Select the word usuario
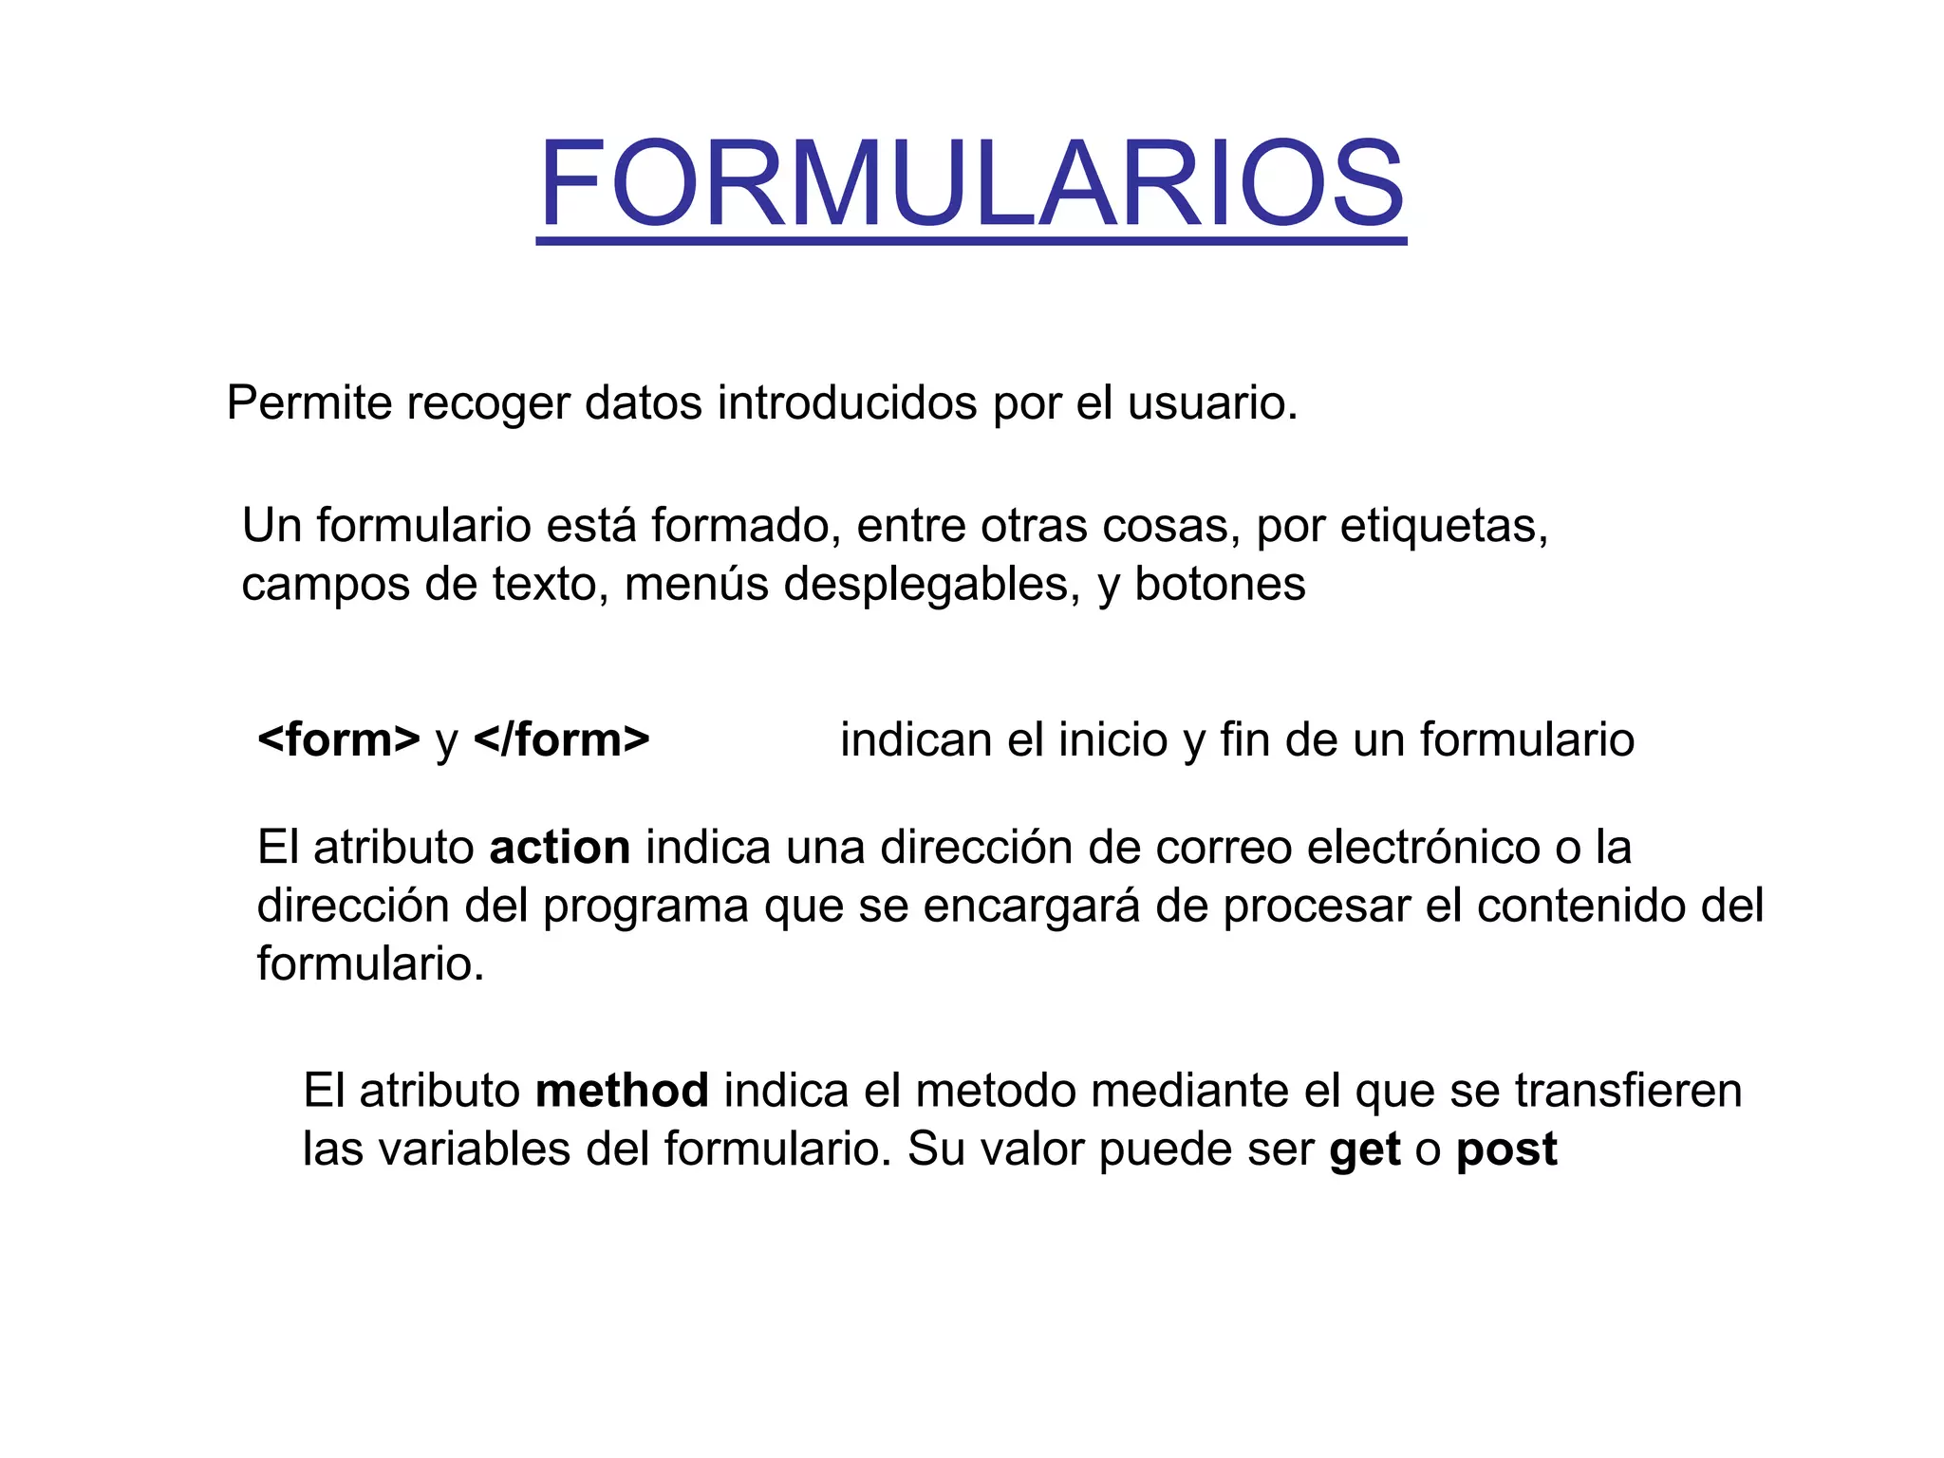[1212, 403]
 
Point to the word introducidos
[847, 403]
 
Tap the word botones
[1220, 585]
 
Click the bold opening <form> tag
[339, 740]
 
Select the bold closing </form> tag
[561, 740]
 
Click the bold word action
[559, 848]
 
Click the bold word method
[622, 1091]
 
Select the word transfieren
[1628, 1091]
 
